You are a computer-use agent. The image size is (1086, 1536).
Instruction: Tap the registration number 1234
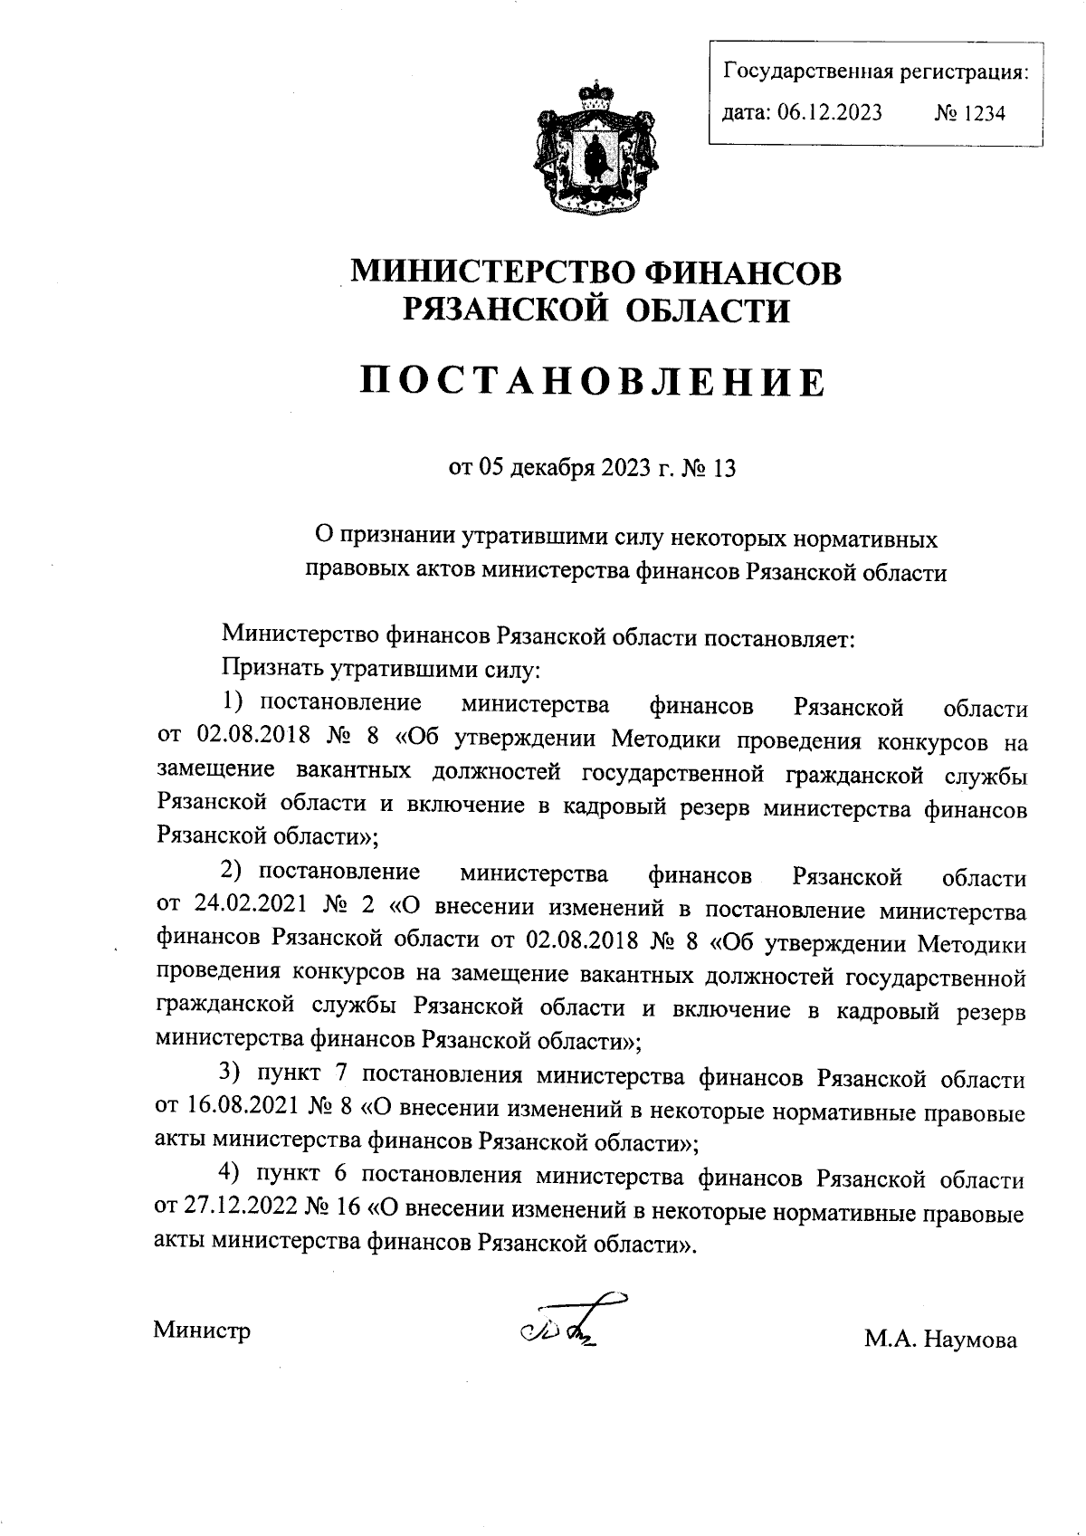click(984, 114)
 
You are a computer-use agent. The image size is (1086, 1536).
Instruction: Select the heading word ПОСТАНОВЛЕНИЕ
click(594, 383)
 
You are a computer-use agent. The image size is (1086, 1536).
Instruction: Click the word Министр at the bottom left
click(202, 1331)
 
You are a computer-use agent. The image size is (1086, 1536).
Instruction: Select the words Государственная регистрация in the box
click(875, 72)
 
